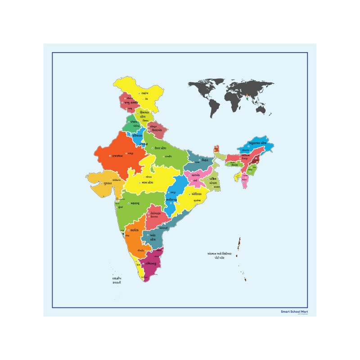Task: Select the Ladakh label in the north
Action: point(144,93)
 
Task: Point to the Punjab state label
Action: point(133,121)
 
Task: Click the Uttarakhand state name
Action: point(160,130)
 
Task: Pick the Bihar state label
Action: point(205,160)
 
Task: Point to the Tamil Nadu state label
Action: point(150,263)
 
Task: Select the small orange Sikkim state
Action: point(217,149)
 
